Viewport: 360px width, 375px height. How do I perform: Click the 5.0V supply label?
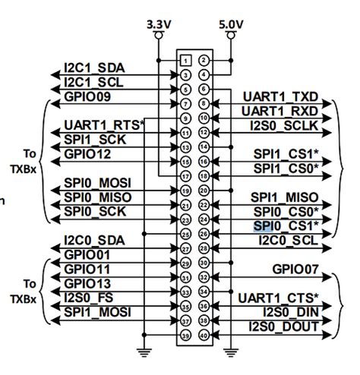230,25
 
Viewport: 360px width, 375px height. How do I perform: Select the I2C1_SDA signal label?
94,68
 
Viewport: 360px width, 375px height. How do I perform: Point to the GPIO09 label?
87,96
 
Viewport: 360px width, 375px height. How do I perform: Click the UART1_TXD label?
279,97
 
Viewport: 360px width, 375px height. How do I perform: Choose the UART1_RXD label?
279,111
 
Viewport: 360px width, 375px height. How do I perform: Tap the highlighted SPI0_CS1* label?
285,225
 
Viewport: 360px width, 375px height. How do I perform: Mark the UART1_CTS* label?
279,297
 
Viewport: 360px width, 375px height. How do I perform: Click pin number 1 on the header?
185,59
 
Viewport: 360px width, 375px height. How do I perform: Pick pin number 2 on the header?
204,59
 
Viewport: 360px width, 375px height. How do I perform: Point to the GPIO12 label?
87,153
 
